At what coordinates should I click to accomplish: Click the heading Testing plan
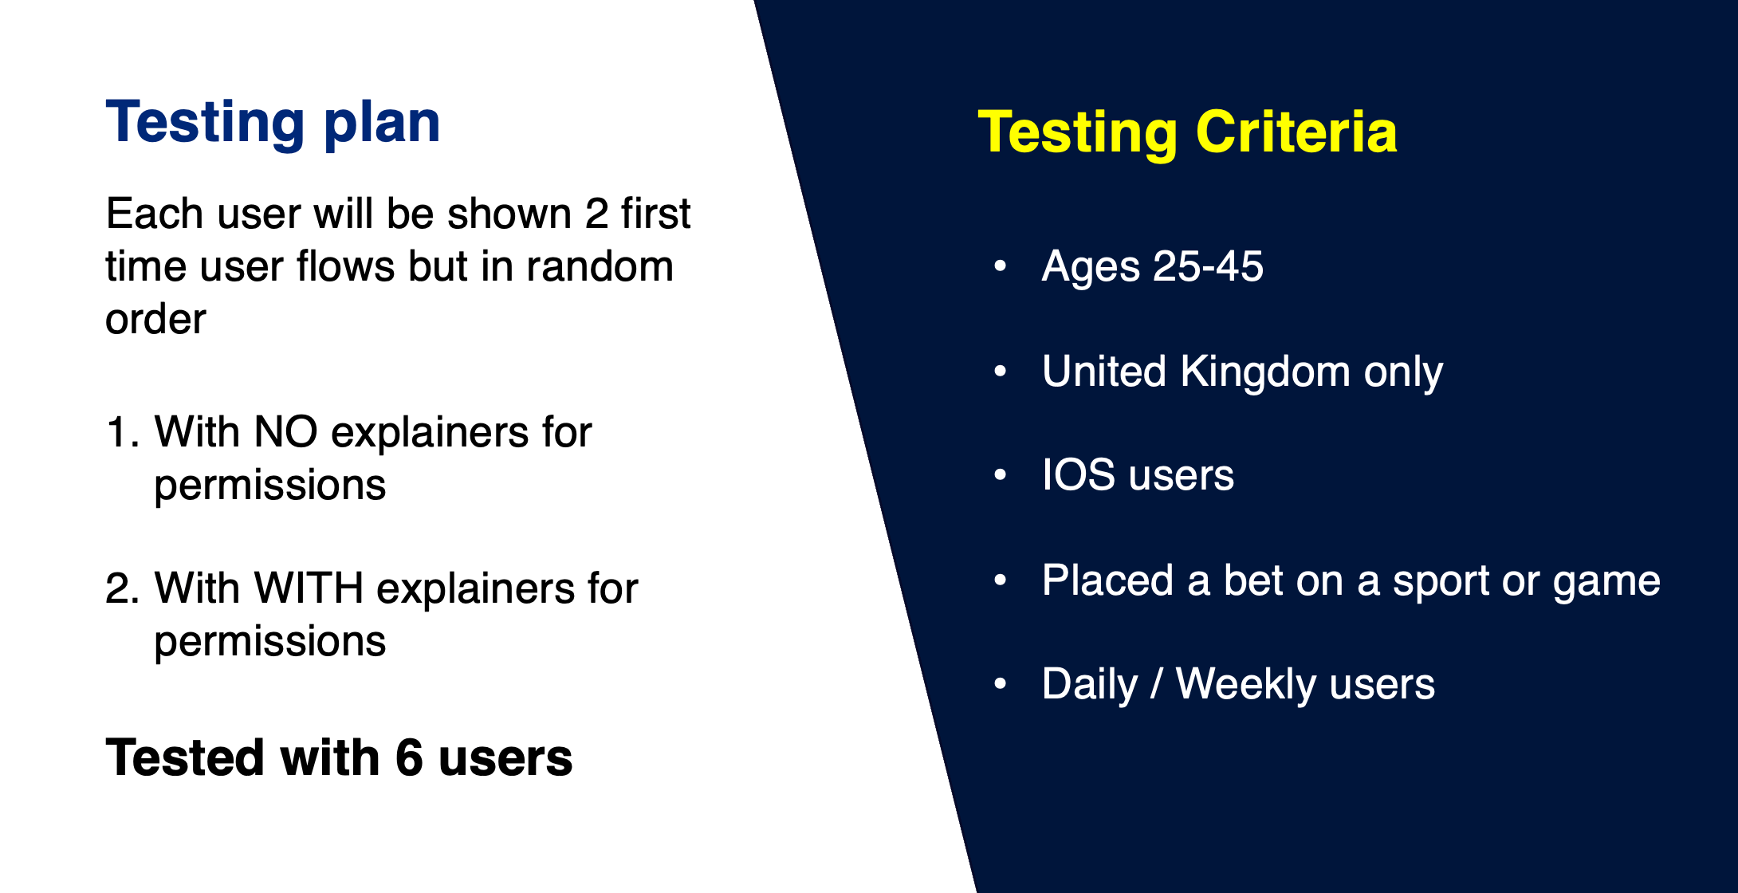coord(273,124)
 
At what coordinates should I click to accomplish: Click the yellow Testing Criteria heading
coord(1187,132)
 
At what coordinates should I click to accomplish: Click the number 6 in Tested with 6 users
coord(409,757)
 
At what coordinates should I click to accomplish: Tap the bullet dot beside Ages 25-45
coord(1001,266)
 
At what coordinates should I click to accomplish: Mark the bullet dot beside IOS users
coord(1001,475)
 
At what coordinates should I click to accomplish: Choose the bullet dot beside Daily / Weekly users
coord(1001,684)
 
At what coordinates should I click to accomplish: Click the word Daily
coord(1090,685)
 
